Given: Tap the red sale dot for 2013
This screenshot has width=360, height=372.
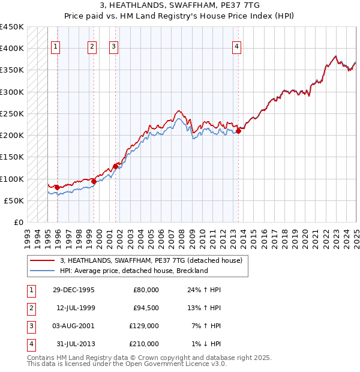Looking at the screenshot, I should pos(238,131).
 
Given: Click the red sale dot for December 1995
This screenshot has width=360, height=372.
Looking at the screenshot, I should pos(57,188).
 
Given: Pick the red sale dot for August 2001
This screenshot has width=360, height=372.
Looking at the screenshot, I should pos(115,166).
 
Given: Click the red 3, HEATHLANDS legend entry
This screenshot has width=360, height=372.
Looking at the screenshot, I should pos(151,260).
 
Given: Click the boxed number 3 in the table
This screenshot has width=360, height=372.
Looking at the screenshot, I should pos(31,326).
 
